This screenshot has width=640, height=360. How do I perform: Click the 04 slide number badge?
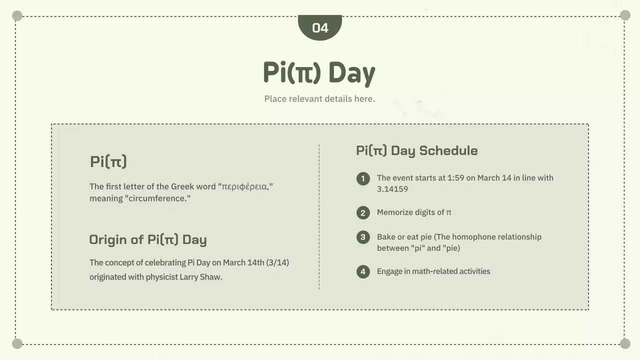point(320,27)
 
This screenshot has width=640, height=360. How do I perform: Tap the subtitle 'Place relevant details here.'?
point(319,98)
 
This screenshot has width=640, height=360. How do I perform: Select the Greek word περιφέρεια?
point(245,186)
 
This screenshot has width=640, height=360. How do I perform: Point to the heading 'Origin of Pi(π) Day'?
point(147,239)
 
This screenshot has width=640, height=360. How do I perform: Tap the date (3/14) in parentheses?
point(277,262)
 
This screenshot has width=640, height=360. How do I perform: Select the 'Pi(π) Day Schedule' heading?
point(416,150)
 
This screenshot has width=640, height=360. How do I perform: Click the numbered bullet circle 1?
point(363,178)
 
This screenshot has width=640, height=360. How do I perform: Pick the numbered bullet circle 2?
point(363,213)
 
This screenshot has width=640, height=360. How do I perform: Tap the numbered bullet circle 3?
point(363,237)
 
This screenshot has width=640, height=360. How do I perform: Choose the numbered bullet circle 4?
point(363,271)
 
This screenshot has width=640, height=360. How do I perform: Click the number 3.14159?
point(392,189)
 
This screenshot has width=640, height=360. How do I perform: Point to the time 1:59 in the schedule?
point(455,178)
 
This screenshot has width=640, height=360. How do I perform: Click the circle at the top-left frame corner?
point(17,16)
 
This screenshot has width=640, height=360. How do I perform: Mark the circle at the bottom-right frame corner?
point(625,343)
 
